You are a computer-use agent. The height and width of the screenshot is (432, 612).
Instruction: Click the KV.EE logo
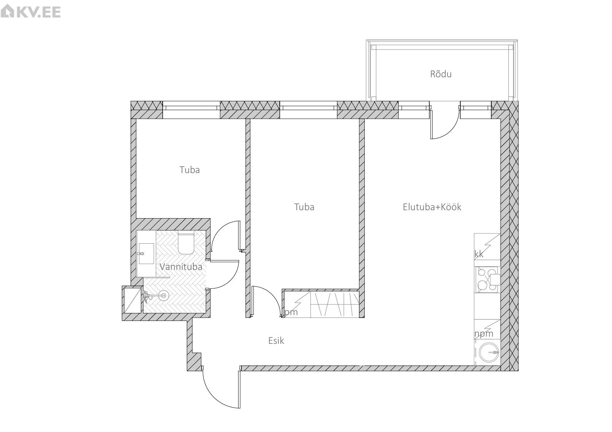click(30, 12)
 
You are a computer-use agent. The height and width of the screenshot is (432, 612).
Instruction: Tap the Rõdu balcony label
click(441, 74)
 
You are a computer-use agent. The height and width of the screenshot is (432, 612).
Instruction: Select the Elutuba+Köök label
click(432, 207)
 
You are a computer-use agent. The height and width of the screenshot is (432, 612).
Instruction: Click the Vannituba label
click(181, 267)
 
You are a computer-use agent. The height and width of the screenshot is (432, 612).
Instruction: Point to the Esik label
click(276, 341)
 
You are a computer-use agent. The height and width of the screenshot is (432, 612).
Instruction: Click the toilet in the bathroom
click(186, 242)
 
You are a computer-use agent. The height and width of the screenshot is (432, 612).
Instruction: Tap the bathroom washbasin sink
click(147, 254)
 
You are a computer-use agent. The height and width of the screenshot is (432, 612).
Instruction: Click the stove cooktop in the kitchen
click(488, 279)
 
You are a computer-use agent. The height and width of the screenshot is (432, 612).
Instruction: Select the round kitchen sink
click(489, 352)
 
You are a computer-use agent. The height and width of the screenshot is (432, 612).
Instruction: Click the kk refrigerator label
click(479, 254)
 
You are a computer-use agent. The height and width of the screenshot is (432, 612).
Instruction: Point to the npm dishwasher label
click(484, 334)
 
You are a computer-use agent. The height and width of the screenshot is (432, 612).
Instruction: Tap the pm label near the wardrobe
click(291, 312)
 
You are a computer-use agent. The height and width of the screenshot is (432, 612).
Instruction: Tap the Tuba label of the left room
click(190, 170)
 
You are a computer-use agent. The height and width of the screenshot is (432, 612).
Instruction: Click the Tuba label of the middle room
click(304, 207)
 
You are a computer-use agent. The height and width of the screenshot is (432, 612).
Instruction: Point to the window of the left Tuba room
click(191, 110)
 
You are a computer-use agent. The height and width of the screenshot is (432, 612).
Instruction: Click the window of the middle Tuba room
click(308, 110)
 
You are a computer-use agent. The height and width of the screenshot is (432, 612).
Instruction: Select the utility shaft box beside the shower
click(133, 300)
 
